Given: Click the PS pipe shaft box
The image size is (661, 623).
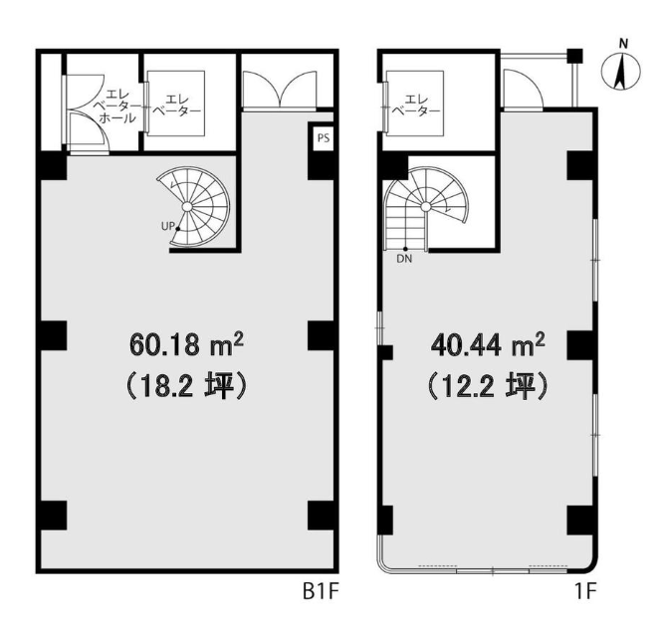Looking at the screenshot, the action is (x=324, y=138).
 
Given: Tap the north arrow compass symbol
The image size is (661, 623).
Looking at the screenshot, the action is (x=620, y=72).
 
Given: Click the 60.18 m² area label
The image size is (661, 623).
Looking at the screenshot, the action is (x=186, y=344).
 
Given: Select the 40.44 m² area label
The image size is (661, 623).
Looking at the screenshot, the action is (x=488, y=345).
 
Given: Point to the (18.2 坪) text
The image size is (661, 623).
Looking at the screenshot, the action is (x=186, y=386).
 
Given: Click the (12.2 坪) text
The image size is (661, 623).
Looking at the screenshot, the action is (x=488, y=387).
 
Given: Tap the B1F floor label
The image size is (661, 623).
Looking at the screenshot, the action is (x=321, y=592).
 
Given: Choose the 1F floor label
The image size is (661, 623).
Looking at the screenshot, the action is (x=585, y=592).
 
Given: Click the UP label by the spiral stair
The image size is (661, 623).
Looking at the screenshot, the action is (x=168, y=226).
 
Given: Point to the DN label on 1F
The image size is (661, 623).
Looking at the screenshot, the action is (x=404, y=259).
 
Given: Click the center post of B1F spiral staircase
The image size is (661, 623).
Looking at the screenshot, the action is (x=187, y=207).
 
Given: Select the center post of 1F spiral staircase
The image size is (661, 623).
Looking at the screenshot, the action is (x=426, y=207).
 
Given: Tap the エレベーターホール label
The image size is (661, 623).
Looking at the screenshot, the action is (x=117, y=105).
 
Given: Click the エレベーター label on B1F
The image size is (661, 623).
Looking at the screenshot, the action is (x=176, y=105).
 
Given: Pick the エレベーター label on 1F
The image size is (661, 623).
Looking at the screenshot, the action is (x=416, y=105).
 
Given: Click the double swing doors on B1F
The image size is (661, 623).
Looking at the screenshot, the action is (x=280, y=90).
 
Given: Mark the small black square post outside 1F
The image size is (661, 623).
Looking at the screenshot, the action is (x=574, y=56).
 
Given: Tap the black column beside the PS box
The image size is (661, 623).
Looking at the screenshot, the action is (x=321, y=165).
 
